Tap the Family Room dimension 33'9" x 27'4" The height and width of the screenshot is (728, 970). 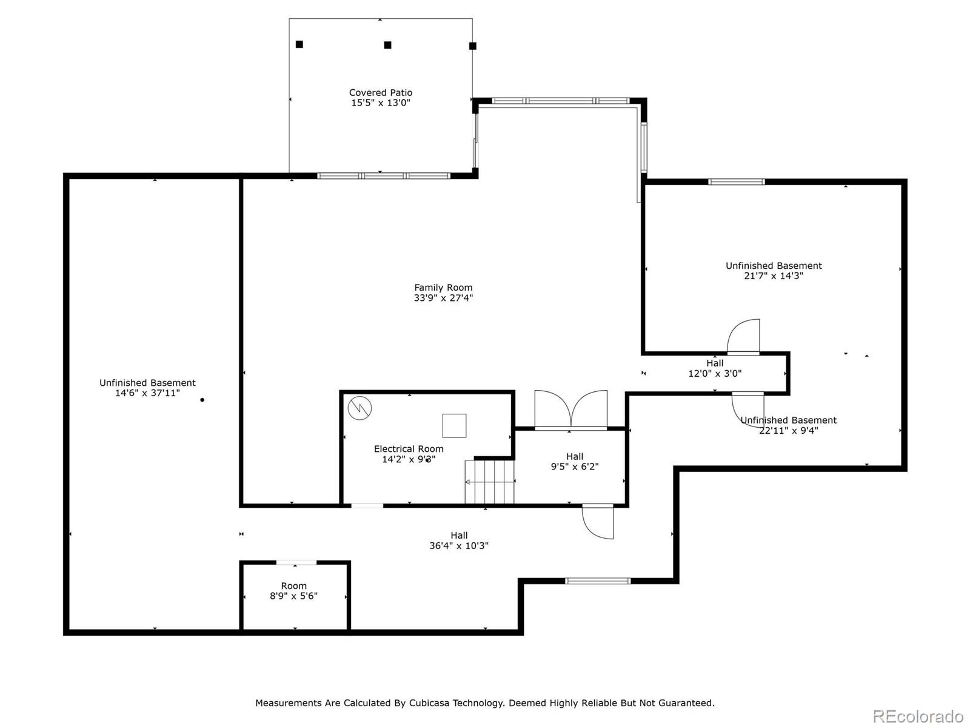pyautogui.click(x=443, y=298)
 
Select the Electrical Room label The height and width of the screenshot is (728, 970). pyautogui.click(x=409, y=449)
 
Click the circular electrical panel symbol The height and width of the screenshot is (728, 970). pyautogui.click(x=360, y=408)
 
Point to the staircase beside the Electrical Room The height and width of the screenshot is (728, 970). pyautogui.click(x=489, y=482)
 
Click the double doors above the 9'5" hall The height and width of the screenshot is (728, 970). pyautogui.click(x=570, y=411)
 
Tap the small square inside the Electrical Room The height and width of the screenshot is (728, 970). pyautogui.click(x=454, y=425)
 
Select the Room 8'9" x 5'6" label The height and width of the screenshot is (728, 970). pyautogui.click(x=293, y=591)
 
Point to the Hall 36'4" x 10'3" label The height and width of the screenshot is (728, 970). pyautogui.click(x=459, y=541)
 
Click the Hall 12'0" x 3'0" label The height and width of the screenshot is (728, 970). pyautogui.click(x=715, y=368)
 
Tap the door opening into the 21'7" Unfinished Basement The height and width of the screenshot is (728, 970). pyautogui.click(x=744, y=337)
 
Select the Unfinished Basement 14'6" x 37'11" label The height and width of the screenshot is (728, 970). pyautogui.click(x=147, y=388)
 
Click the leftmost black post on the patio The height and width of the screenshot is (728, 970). pyautogui.click(x=299, y=44)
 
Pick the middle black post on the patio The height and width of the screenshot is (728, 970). pyautogui.click(x=388, y=45)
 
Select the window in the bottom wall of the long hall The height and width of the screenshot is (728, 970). pyautogui.click(x=598, y=581)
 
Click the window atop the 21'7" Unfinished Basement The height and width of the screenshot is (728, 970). pyautogui.click(x=737, y=181)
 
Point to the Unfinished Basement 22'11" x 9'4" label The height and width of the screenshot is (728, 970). pyautogui.click(x=788, y=425)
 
